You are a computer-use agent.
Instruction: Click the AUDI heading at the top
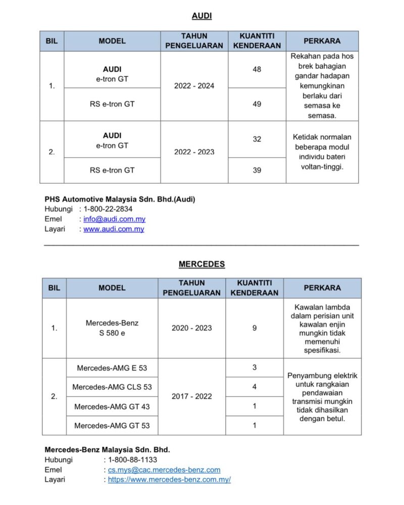click(201, 16)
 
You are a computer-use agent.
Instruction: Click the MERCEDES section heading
click(201, 264)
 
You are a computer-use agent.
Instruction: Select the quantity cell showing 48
click(257, 69)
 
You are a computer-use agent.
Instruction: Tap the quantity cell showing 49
click(257, 104)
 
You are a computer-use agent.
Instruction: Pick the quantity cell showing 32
click(257, 139)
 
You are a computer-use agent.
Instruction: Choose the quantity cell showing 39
click(257, 170)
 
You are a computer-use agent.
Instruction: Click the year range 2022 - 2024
click(194, 86)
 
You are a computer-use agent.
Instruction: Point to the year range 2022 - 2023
click(194, 151)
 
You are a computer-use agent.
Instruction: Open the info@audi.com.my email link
click(114, 219)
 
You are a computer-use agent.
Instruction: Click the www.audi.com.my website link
click(114, 229)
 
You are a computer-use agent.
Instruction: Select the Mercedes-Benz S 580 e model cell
click(112, 328)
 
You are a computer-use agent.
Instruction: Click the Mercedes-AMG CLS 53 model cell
click(112, 387)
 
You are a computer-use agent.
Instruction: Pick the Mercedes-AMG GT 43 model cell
click(112, 406)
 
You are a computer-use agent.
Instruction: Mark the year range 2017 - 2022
click(191, 396)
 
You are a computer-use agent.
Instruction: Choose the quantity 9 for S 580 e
click(255, 328)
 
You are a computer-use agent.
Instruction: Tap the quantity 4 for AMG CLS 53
click(255, 387)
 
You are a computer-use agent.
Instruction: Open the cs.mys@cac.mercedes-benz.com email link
click(164, 470)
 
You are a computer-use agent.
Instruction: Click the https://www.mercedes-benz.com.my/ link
click(169, 480)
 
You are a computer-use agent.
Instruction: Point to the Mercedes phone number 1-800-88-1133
click(132, 460)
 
